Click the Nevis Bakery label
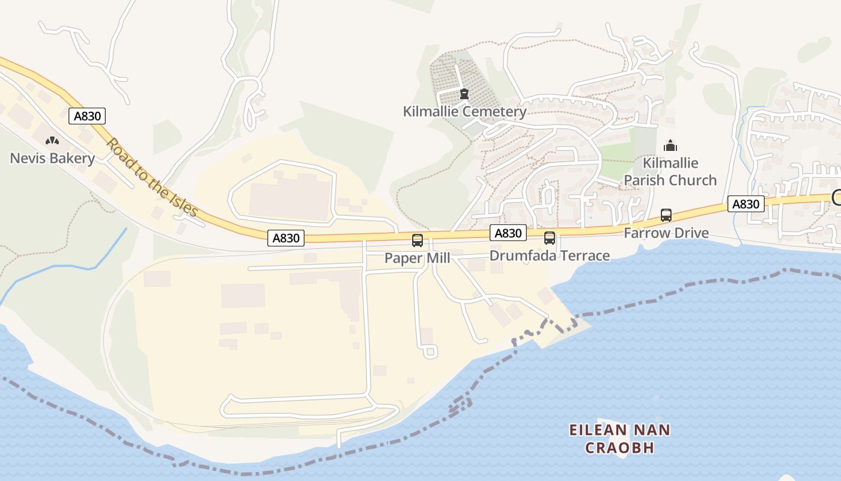click(52, 159)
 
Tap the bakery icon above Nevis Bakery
click(52, 141)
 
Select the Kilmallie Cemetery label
click(464, 111)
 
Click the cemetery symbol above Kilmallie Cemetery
click(464, 94)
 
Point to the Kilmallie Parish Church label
click(670, 171)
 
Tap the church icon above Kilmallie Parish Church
click(670, 146)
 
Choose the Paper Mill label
click(417, 258)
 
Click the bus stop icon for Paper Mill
click(417, 240)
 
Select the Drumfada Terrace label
click(549, 256)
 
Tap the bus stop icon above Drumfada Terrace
click(550, 238)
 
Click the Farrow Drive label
click(666, 233)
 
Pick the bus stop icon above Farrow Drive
click(666, 215)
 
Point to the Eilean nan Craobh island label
click(619, 438)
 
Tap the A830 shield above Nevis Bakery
click(87, 116)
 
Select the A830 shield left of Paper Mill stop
click(286, 238)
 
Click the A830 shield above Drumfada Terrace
click(508, 233)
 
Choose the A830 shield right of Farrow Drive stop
click(745, 204)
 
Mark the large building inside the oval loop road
click(290, 200)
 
